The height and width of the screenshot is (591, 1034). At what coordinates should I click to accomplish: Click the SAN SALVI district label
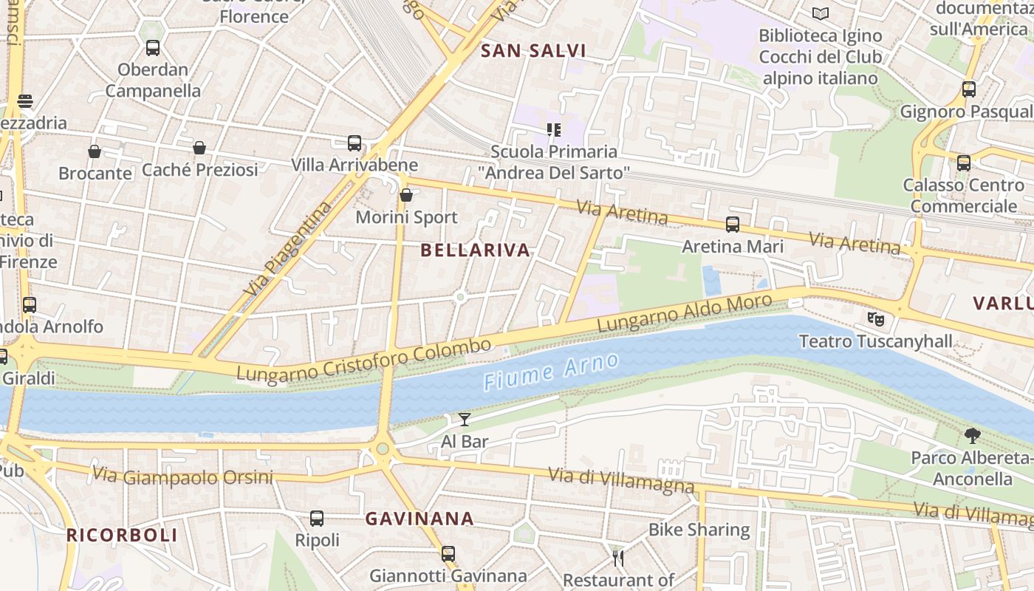(533, 51)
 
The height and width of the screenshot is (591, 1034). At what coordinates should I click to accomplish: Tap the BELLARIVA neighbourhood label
(475, 250)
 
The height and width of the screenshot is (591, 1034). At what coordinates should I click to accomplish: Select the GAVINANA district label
(420, 519)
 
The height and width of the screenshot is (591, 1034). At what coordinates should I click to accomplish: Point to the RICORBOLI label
(122, 536)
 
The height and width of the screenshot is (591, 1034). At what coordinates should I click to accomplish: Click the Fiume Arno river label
(551, 372)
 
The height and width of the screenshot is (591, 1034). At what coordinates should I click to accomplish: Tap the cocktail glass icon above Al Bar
(465, 420)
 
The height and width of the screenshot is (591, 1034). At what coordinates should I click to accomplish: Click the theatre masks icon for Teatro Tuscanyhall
(876, 319)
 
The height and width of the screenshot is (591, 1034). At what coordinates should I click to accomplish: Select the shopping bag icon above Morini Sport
(406, 195)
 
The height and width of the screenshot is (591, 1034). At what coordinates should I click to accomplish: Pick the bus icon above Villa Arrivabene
(355, 143)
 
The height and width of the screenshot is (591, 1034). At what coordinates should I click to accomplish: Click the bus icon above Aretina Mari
(733, 224)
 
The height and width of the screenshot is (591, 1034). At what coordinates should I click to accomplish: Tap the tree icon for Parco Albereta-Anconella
(972, 436)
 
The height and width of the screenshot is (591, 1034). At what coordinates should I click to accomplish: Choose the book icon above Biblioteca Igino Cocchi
(820, 13)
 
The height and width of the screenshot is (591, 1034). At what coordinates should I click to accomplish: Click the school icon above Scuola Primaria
(554, 130)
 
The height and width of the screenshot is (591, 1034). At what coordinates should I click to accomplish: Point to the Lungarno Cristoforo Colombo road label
(363, 361)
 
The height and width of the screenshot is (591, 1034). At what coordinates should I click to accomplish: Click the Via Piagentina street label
(288, 250)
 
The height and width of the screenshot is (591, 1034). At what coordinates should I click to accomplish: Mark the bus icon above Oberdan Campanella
(153, 48)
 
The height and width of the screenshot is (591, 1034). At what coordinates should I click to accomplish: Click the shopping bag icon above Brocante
(95, 151)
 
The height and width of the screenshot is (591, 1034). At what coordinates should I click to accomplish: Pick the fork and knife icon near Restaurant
(618, 557)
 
